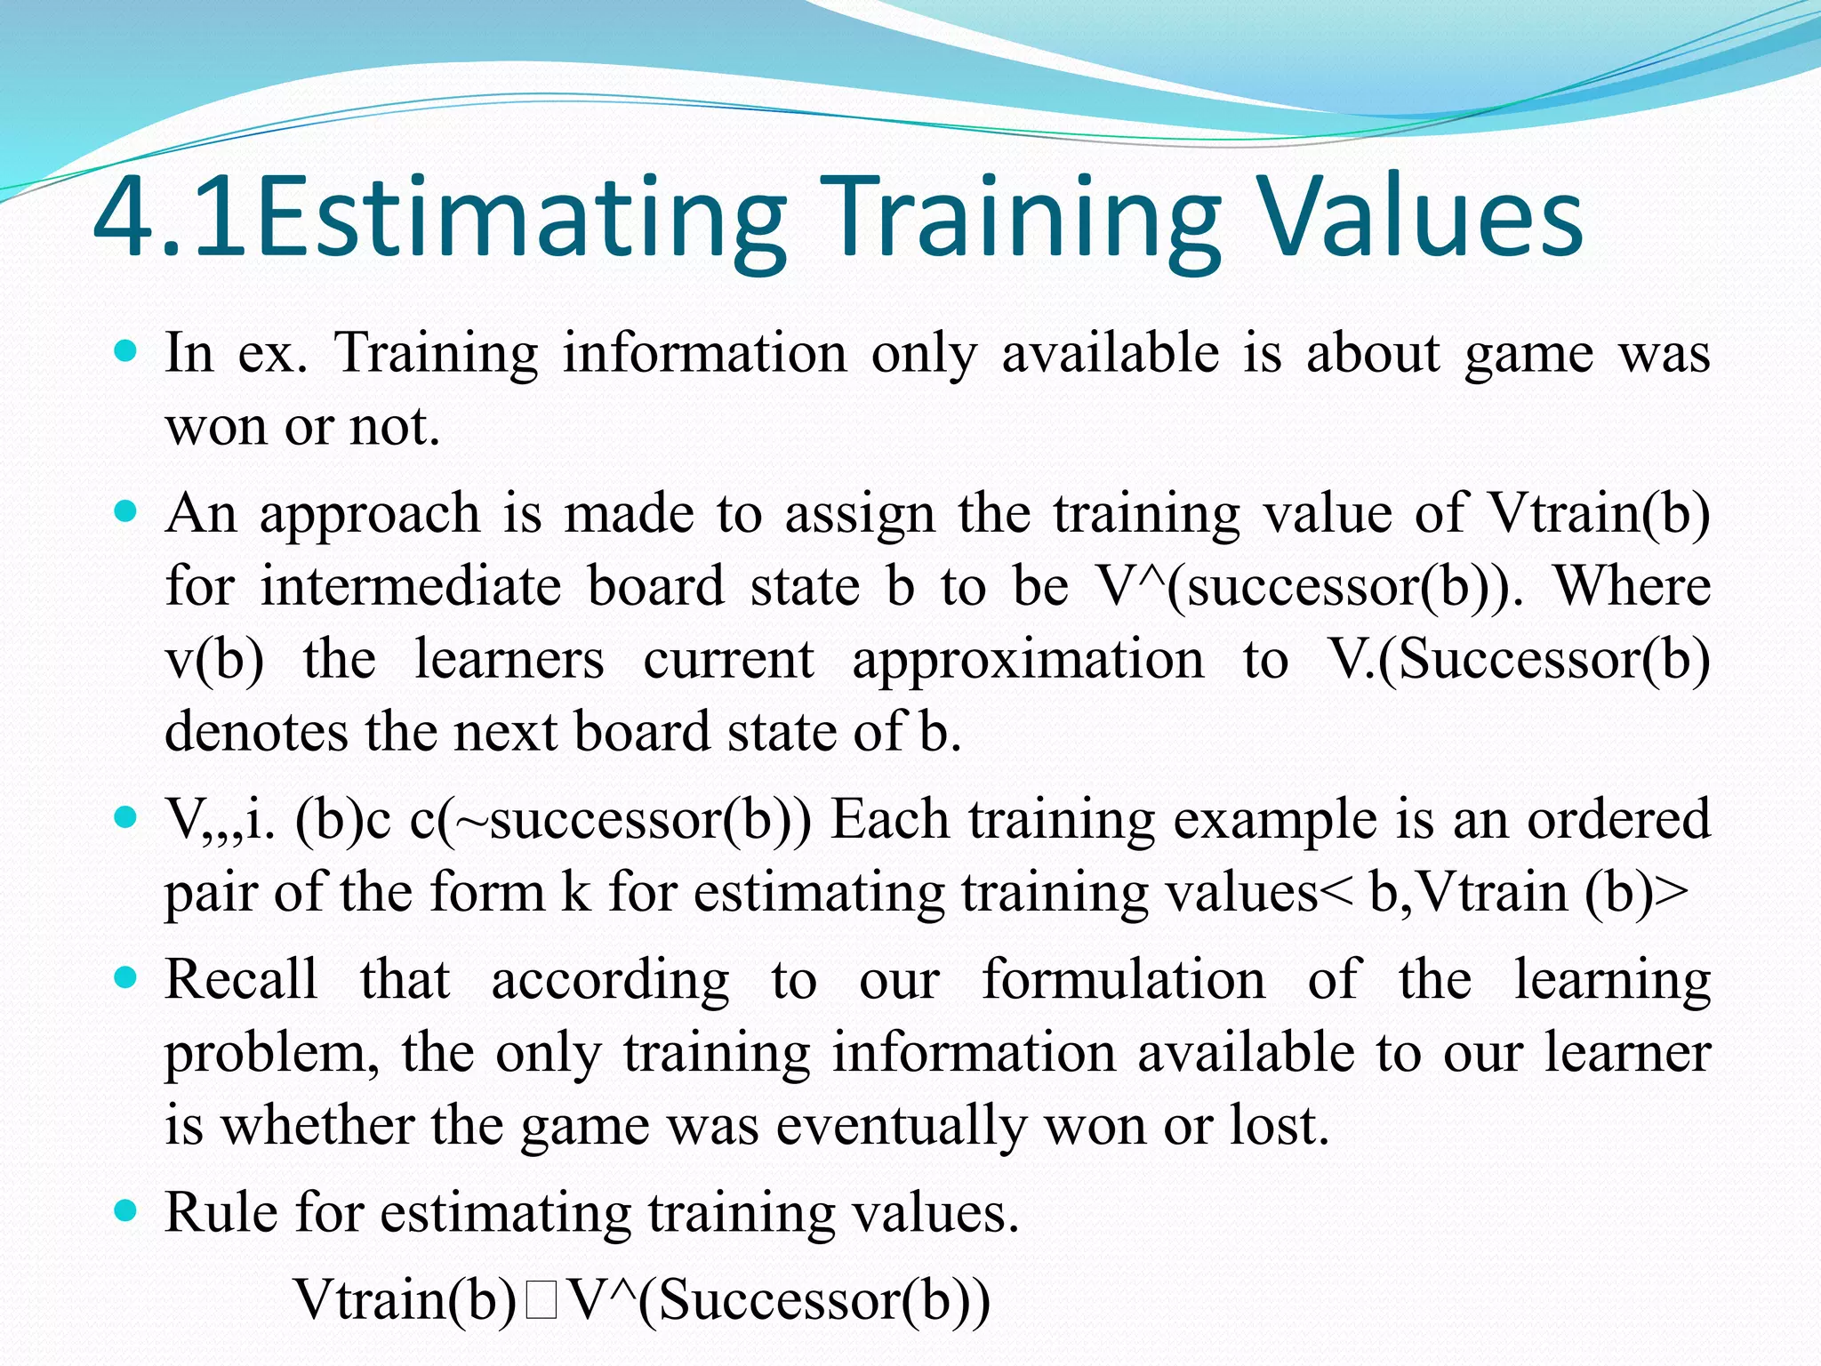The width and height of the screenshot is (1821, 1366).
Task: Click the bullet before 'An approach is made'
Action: (x=127, y=512)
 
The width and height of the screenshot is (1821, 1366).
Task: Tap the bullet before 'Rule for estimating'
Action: (x=127, y=1210)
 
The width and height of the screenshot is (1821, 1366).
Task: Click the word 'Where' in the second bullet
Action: (x=1632, y=586)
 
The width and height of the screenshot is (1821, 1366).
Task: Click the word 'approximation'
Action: (x=1027, y=659)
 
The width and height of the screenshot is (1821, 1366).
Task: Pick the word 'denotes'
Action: (x=256, y=732)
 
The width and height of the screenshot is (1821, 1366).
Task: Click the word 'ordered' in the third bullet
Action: (x=1618, y=818)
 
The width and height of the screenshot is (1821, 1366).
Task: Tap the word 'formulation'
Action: (x=1123, y=979)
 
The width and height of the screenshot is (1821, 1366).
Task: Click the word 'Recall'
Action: (x=241, y=979)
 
